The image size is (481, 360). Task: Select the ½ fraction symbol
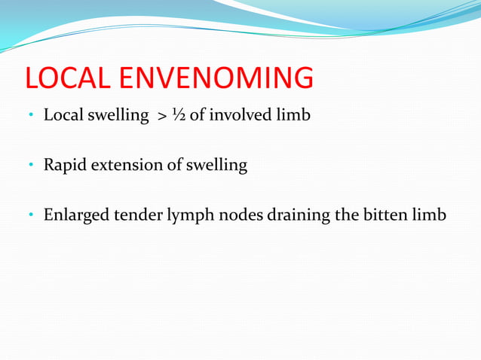[x=179, y=116]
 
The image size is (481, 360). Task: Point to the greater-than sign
[x=162, y=117]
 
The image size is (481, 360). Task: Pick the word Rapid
[x=65, y=166]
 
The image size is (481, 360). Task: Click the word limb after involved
[x=293, y=116]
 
